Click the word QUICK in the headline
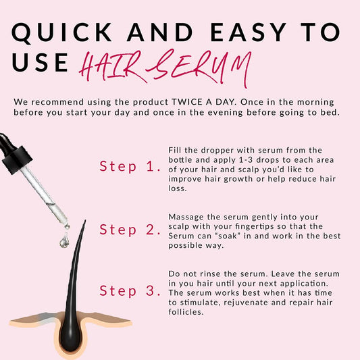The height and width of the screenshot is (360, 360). coord(61,32)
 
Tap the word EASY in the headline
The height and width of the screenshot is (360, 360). coord(248,32)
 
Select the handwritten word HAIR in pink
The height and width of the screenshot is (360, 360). coord(111,66)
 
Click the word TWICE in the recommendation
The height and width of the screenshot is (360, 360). coord(187,102)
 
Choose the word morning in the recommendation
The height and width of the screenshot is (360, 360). coord(315,103)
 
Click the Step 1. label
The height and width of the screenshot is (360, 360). coord(130,166)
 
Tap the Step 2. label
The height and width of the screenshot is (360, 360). coord(130,230)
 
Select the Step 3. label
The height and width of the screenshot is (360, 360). coord(130,290)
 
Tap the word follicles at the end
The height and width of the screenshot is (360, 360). coord(186,312)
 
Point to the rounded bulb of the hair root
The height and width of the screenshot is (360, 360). coord(70,338)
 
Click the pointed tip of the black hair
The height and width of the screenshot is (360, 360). coord(85,220)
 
